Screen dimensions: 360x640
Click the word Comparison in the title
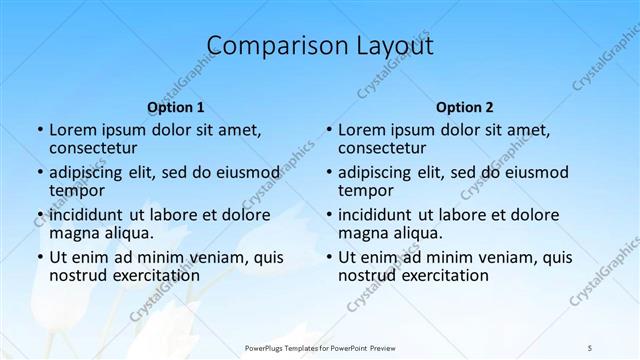pyautogui.click(x=269, y=46)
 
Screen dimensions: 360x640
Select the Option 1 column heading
pyautogui.click(x=176, y=107)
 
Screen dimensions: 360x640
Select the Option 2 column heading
pyautogui.click(x=465, y=107)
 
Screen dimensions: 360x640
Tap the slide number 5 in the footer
pyautogui.click(x=590, y=347)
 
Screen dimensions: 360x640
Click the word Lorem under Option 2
pyautogui.click(x=361, y=129)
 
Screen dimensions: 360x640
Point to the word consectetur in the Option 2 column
pyautogui.click(x=381, y=148)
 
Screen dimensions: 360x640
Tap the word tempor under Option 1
pyautogui.click(x=75, y=191)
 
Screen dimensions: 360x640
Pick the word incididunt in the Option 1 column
pyautogui.click(x=89, y=214)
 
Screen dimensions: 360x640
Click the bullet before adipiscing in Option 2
pyautogui.click(x=329, y=172)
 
